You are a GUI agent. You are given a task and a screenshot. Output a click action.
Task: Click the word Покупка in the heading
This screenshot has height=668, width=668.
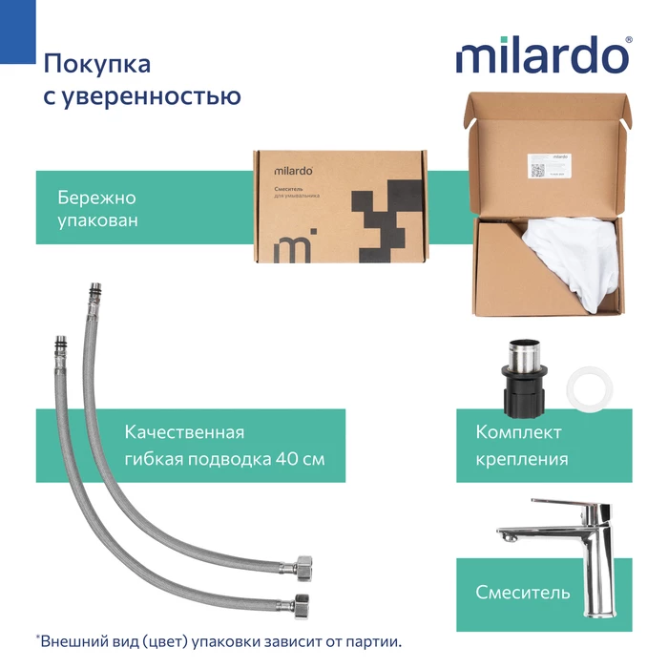point(96,64)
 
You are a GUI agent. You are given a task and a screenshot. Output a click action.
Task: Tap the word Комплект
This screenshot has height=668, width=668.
point(516,432)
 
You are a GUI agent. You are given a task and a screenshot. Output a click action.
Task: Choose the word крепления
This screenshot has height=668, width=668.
point(522,459)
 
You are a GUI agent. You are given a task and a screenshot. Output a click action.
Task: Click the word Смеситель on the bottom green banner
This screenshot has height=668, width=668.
point(523,593)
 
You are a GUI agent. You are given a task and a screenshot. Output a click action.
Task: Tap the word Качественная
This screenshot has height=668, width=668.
point(184,432)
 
